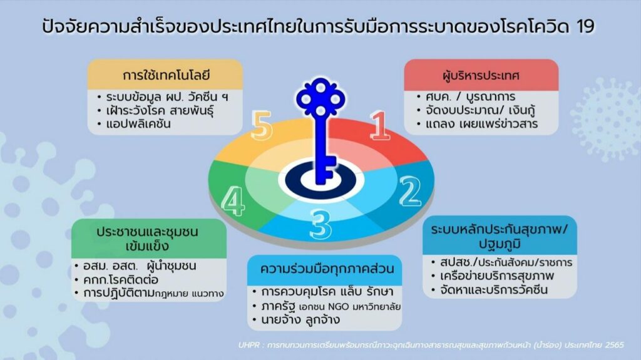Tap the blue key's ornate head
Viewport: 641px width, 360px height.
pos(320,98)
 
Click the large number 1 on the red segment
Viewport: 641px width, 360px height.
pos(379,125)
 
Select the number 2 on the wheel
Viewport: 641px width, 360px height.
pos(410,191)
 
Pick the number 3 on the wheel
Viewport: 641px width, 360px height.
pos(320,224)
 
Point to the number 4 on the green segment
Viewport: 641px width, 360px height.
pos(233,200)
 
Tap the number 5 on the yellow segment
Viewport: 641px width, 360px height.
pos(261,126)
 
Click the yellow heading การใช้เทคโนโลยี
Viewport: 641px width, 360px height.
pos(166,75)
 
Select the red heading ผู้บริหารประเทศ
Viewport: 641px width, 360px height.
pos(481,76)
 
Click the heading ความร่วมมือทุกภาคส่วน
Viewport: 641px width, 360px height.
pos(327,269)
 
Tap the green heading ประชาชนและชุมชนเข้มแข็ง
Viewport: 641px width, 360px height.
pos(147,239)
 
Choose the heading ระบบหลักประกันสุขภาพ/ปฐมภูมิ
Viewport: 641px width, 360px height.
pos(500,237)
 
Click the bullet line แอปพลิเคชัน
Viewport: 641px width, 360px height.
pos(138,124)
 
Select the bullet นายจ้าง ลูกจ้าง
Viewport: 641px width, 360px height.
pos(300,320)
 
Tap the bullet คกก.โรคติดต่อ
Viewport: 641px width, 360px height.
pos(121,280)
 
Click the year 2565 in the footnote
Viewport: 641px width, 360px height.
pos(615,345)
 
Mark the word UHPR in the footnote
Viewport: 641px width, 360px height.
pos(249,345)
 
